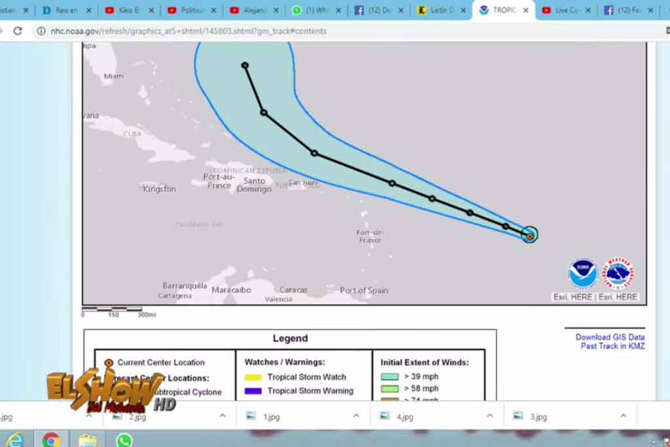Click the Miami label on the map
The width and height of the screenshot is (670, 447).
click(x=114, y=77)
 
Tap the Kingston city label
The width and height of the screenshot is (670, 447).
click(x=159, y=189)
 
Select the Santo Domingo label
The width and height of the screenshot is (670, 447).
click(x=254, y=185)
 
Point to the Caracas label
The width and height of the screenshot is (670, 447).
click(x=293, y=290)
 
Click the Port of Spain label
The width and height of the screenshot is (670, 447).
click(x=364, y=291)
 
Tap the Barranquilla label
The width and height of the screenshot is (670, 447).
click(x=185, y=286)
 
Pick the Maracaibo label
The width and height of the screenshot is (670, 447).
click(x=231, y=290)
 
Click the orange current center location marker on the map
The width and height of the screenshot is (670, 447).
click(x=530, y=236)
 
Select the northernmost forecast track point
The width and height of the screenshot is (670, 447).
click(x=245, y=65)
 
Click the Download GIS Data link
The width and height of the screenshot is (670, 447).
click(x=610, y=337)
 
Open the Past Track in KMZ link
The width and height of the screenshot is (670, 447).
click(x=612, y=346)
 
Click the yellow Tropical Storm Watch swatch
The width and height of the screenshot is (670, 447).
click(x=253, y=377)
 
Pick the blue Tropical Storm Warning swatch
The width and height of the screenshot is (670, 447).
click(x=253, y=391)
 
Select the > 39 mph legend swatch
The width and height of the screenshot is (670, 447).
click(x=390, y=376)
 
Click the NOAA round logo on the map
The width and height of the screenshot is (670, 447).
click(x=582, y=274)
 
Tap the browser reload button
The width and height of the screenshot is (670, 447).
click(x=18, y=31)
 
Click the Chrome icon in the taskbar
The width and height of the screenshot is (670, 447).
click(x=51, y=440)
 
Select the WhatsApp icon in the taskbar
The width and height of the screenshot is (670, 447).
click(x=124, y=440)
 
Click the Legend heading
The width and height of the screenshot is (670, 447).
click(x=290, y=338)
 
